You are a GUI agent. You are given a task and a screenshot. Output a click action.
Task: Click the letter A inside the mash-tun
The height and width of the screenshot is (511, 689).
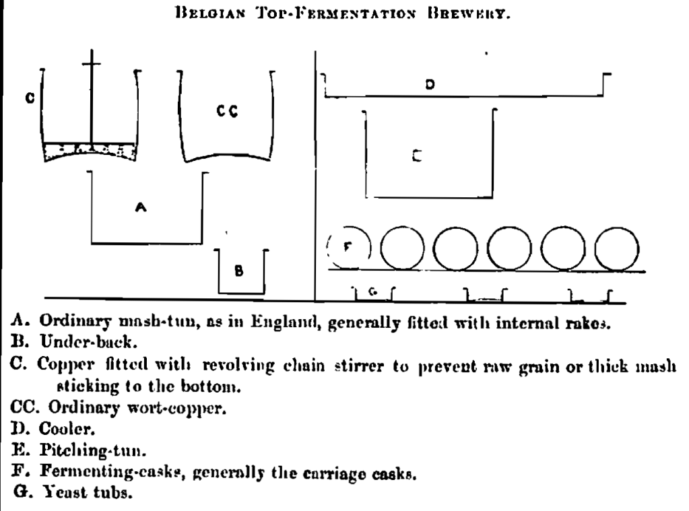point(141,208)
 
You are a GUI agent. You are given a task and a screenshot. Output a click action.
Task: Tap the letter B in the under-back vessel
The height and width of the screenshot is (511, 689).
point(238,271)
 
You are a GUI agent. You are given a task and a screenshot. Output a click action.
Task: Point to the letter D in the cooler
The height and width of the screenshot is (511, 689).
point(430,85)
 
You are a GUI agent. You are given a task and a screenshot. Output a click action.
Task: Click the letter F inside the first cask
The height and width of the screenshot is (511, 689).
point(348,246)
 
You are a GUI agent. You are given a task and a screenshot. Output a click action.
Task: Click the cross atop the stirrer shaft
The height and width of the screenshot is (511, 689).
point(91,65)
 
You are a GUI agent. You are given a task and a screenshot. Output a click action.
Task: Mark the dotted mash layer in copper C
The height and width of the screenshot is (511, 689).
point(89,151)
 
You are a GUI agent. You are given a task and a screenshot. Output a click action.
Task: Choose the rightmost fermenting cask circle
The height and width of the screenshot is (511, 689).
point(618,248)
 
